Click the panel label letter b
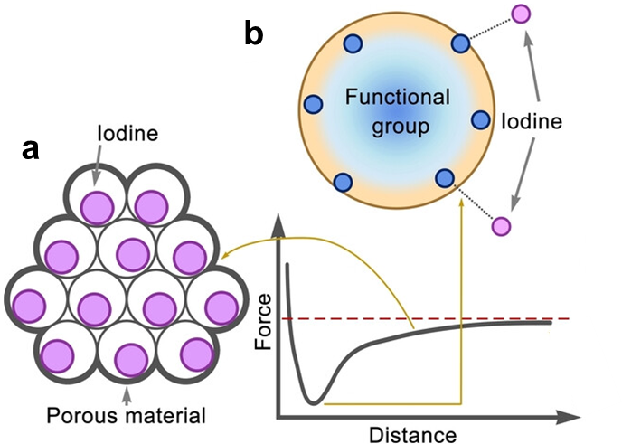point(254,34)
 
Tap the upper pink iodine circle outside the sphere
point(522,14)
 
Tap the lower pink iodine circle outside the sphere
point(500,225)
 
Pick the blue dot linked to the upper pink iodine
point(461,43)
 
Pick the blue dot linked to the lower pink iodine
point(444,178)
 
